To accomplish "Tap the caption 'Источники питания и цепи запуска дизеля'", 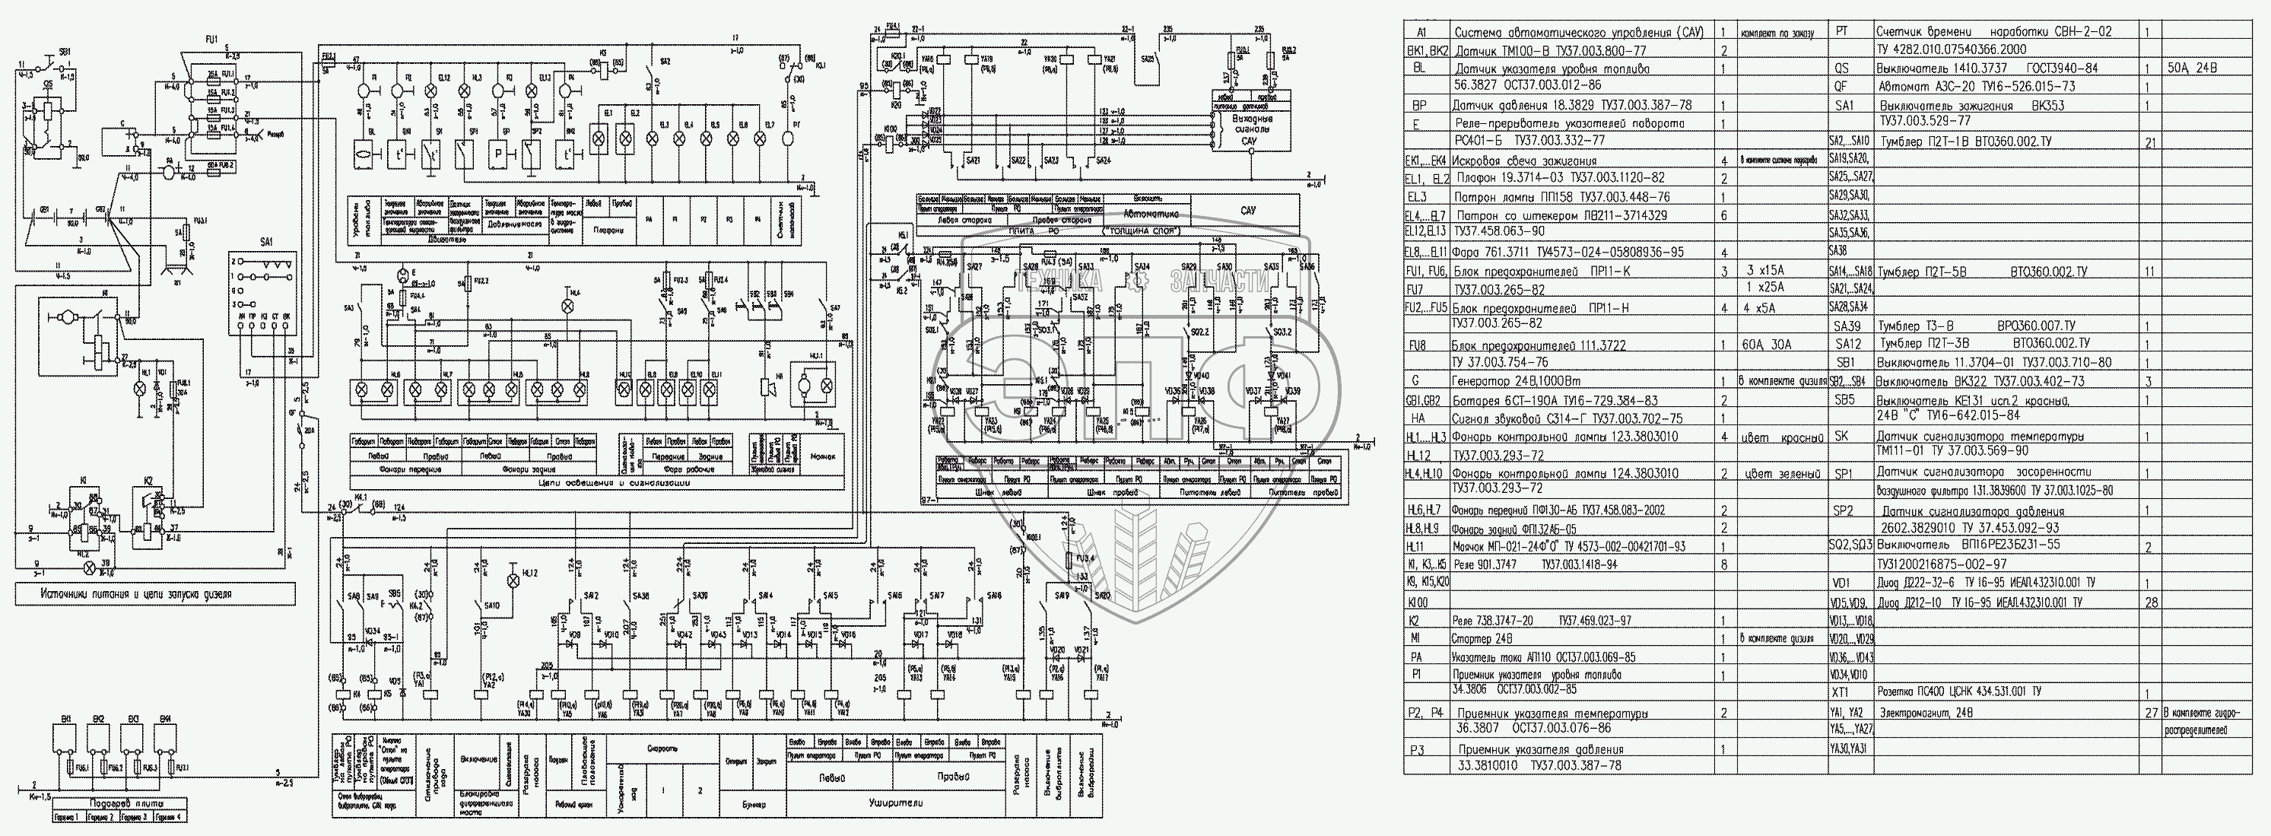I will click(155, 593).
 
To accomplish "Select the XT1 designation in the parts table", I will click(1857, 692).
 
